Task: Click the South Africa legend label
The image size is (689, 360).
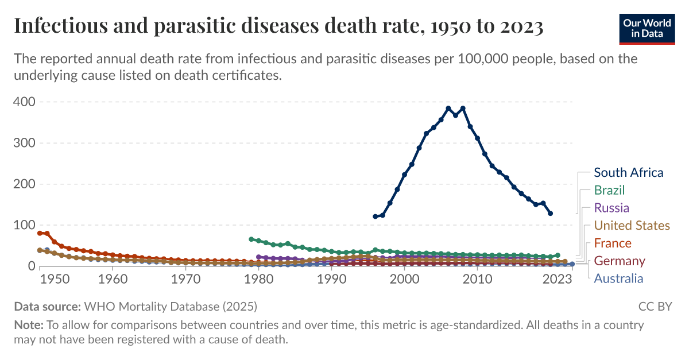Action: click(628, 172)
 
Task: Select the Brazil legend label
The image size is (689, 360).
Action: click(609, 190)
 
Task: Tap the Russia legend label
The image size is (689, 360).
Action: click(611, 208)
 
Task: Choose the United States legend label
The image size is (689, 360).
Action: click(632, 226)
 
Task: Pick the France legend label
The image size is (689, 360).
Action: click(612, 243)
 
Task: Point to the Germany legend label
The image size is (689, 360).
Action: click(619, 261)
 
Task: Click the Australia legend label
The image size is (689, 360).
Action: click(618, 279)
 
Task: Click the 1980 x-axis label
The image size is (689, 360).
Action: click(258, 280)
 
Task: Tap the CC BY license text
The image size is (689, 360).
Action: click(655, 306)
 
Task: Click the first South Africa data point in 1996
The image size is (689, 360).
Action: click(376, 216)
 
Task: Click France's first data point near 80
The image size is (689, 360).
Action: click(40, 233)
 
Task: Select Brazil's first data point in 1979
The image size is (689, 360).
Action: click(251, 239)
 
